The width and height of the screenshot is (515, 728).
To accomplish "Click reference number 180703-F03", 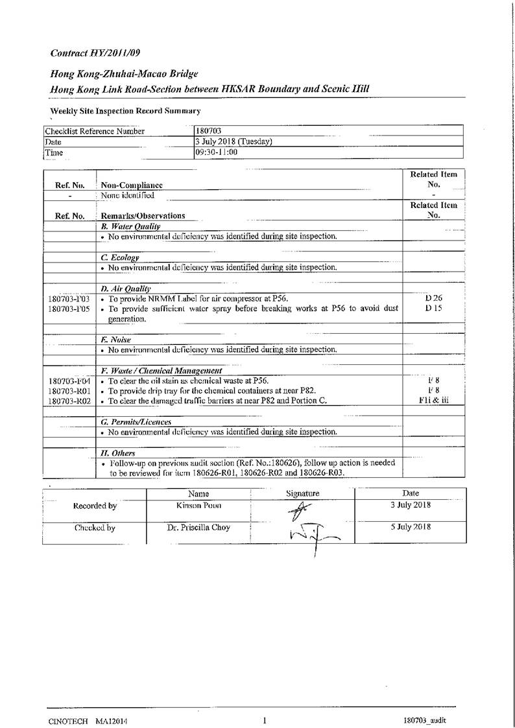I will click(69, 299).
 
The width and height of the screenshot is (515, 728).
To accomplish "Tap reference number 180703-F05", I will click(69, 309).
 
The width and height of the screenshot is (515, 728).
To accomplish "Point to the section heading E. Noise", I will click(116, 340).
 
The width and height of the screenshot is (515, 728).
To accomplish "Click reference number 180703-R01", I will click(69, 391).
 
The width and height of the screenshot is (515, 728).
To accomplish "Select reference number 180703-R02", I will click(69, 401).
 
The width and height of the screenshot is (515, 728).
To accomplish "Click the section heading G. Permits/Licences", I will click(136, 422).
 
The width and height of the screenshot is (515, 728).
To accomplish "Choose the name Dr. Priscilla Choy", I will click(198, 528).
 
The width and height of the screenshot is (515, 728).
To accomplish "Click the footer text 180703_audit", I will click(424, 721).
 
